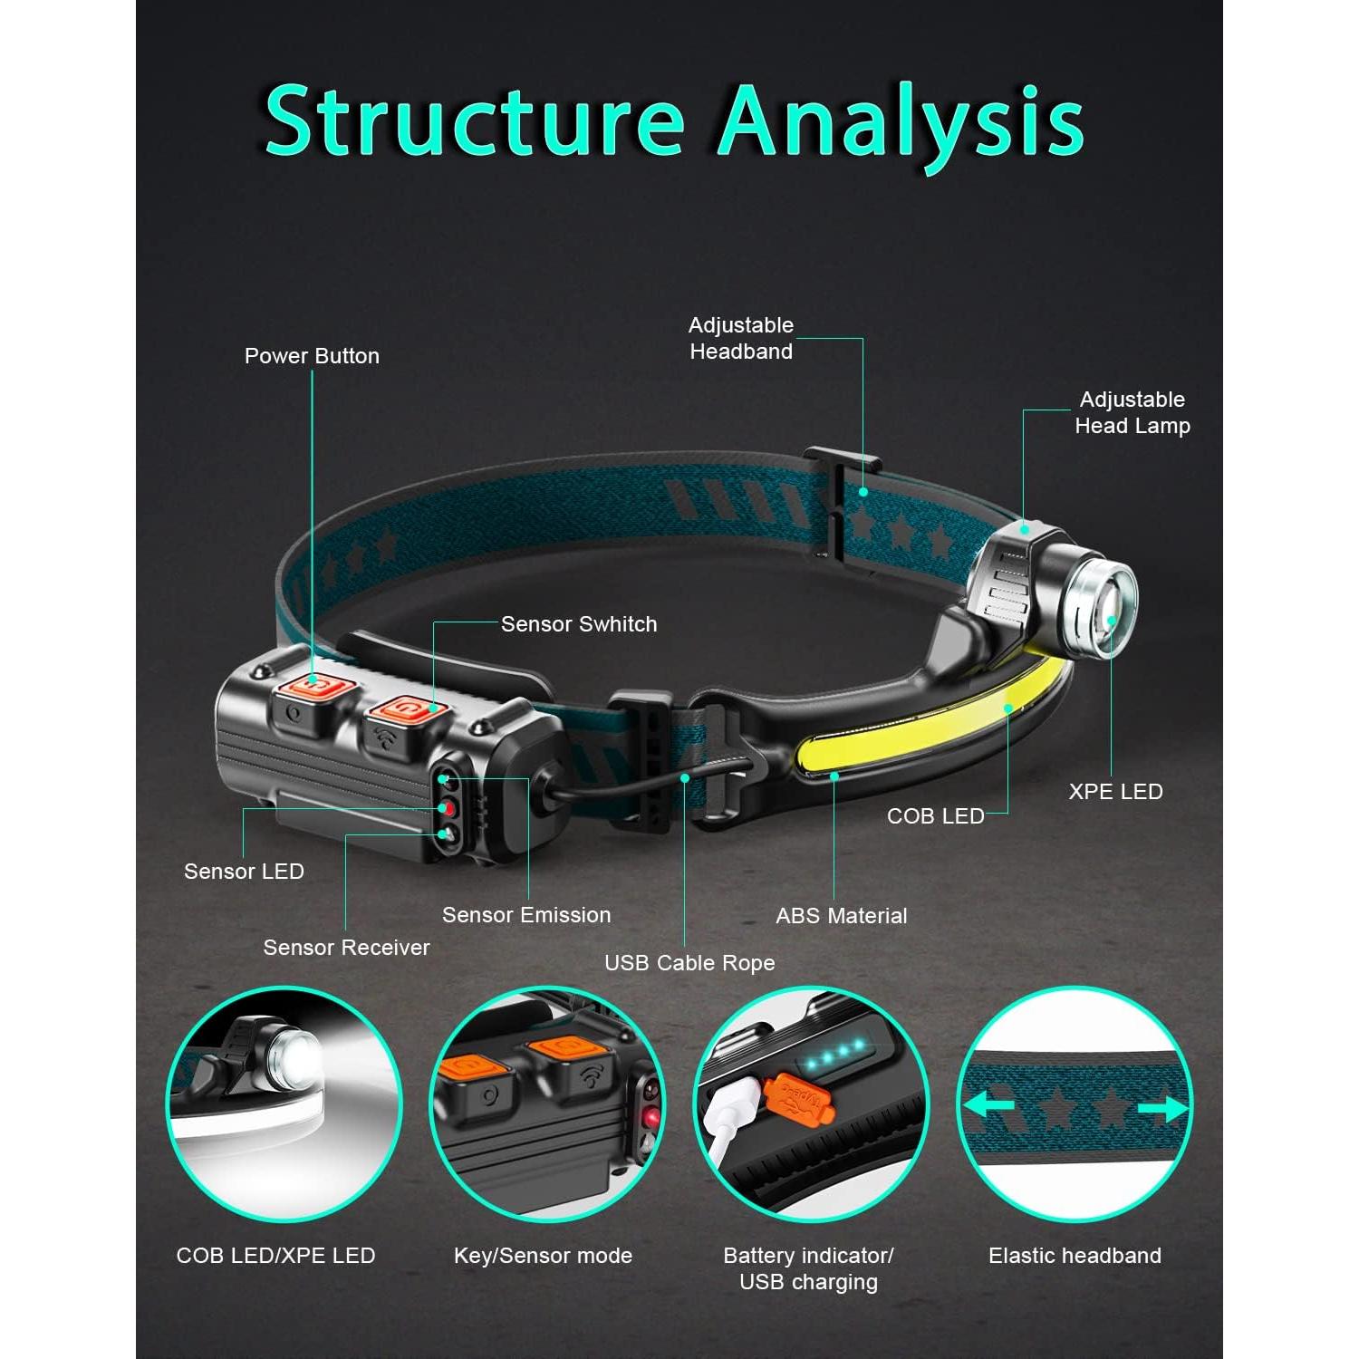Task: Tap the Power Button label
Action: point(312,356)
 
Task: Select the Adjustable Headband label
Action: point(741,338)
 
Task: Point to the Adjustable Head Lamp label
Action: point(1132,412)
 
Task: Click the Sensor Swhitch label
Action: point(579,624)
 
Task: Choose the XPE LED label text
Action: point(1115,791)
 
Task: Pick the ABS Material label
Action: point(841,916)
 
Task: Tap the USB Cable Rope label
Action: point(689,963)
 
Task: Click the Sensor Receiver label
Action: point(346,948)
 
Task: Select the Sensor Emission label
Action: point(526,915)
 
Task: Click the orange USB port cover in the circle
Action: point(793,1097)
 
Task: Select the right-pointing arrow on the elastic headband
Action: point(1163,1108)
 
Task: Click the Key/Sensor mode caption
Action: point(543,1256)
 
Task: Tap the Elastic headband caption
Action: point(1075,1256)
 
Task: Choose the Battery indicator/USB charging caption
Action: point(808,1268)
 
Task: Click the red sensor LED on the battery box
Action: point(445,806)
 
